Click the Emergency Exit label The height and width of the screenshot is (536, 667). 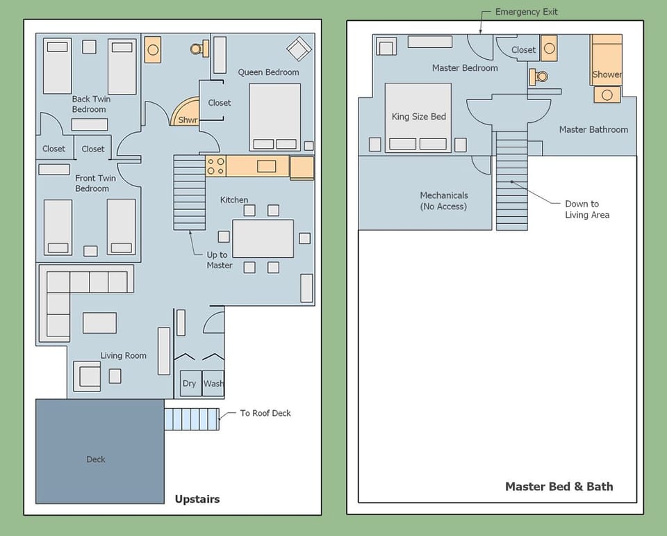tap(526, 12)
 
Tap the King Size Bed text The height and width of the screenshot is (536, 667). tap(418, 117)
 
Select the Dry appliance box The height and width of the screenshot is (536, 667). tap(190, 384)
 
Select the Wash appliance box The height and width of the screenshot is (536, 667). tap(213, 384)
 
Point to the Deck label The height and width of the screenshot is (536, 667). tap(96, 459)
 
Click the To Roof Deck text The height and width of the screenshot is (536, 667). tap(265, 413)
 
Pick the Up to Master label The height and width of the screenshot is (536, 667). tap(219, 260)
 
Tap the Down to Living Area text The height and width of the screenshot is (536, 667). tap(586, 209)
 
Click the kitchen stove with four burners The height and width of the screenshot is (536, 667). tap(215, 166)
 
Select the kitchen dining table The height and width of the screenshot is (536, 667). tap(263, 238)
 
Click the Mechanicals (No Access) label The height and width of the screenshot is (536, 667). tap(444, 201)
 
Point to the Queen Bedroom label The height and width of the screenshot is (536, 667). tap(268, 72)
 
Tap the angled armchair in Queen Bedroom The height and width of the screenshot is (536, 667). tap(299, 49)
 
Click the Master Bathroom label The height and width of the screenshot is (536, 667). tap(593, 129)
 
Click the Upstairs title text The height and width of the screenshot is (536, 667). tap(197, 499)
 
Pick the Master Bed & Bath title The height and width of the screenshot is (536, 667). tap(559, 487)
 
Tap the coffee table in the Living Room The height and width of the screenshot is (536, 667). tap(99, 323)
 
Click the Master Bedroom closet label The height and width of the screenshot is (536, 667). tap(523, 50)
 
